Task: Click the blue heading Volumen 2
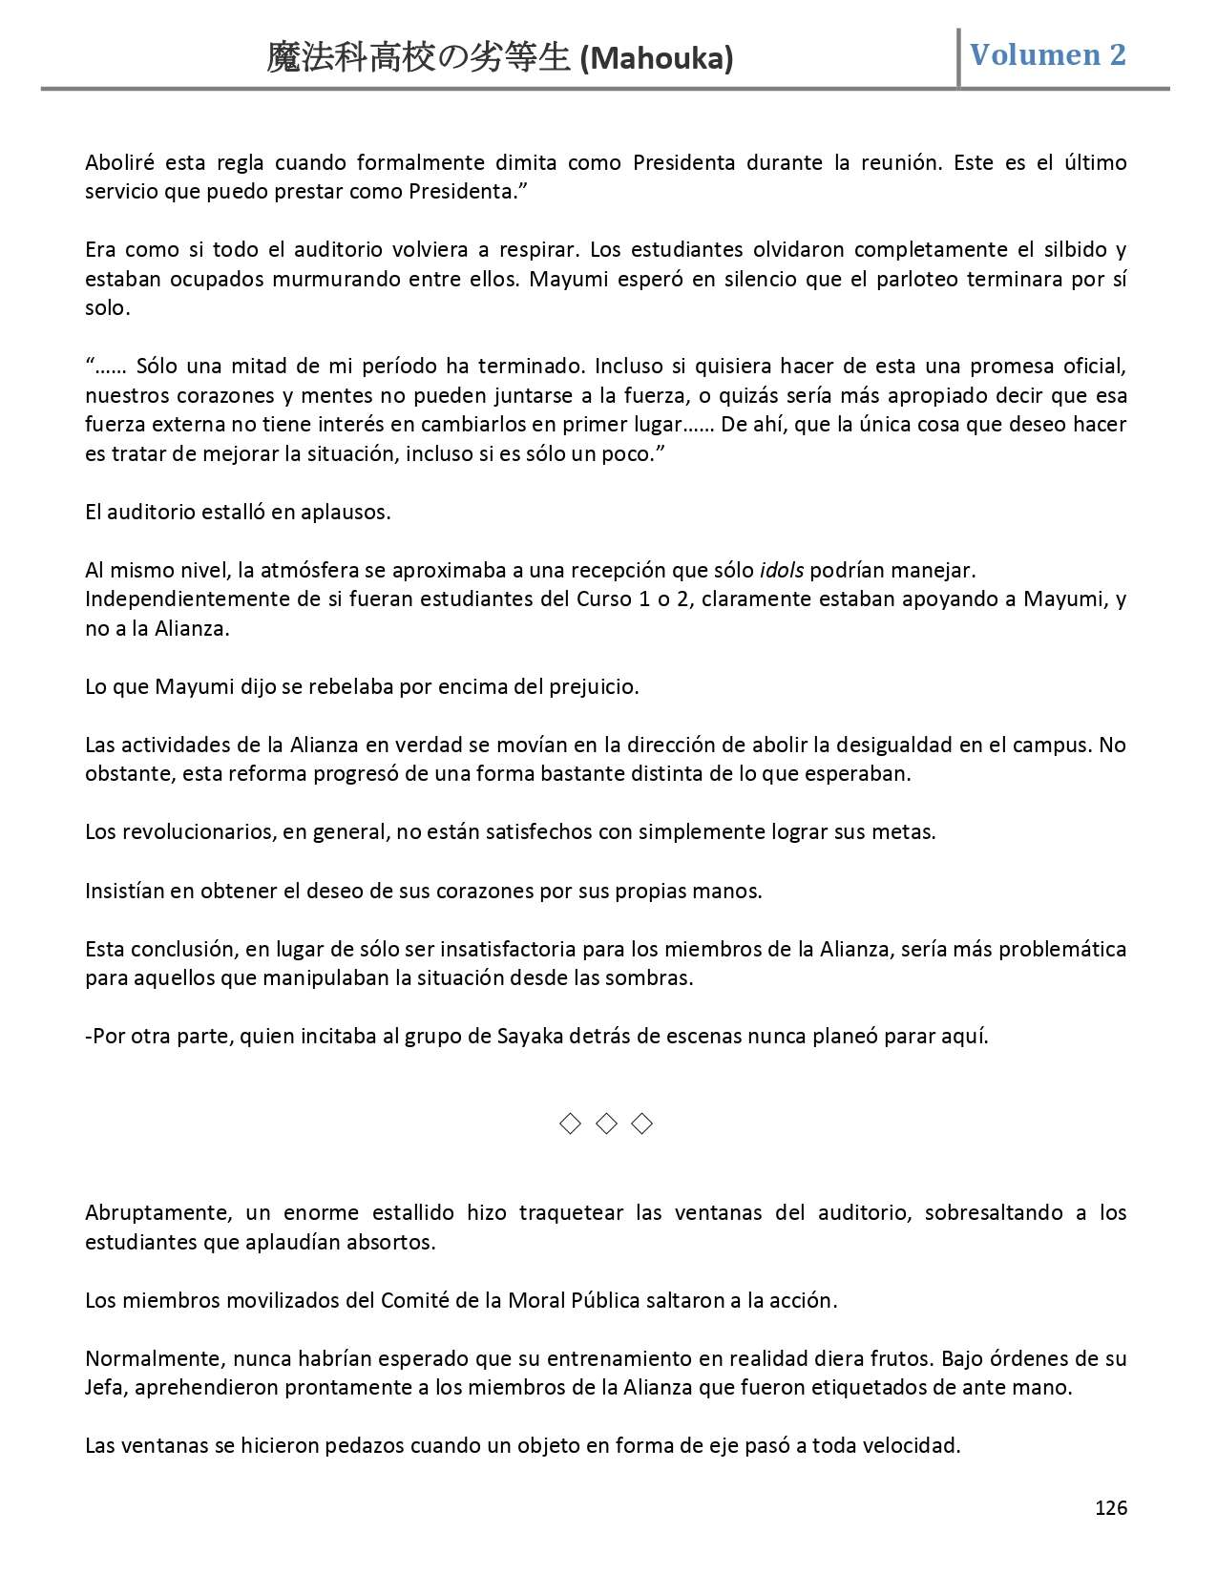pos(1047,55)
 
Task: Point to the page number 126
pos(1110,1508)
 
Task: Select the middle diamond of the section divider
pos(606,1123)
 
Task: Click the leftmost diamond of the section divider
pos(570,1123)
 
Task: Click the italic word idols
pos(781,571)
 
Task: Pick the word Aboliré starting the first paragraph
pos(118,162)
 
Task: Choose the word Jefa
pos(104,1387)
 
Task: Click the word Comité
pos(414,1300)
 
